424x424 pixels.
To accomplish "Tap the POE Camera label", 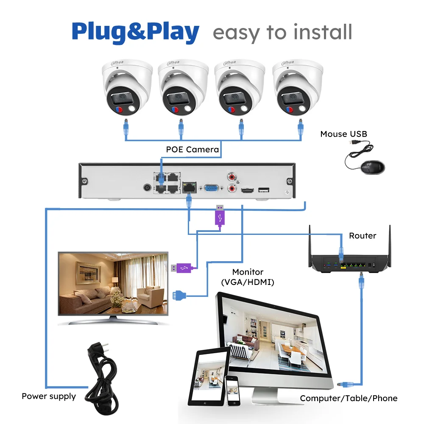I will click(192, 149).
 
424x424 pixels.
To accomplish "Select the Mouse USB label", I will click(343, 134).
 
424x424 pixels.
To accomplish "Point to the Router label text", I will click(363, 235).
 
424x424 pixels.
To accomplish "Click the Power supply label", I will click(49, 396).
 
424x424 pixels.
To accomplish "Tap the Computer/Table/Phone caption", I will click(349, 398).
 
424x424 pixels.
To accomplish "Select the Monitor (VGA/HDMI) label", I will click(248, 276).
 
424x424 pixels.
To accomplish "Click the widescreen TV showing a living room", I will click(113, 288).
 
